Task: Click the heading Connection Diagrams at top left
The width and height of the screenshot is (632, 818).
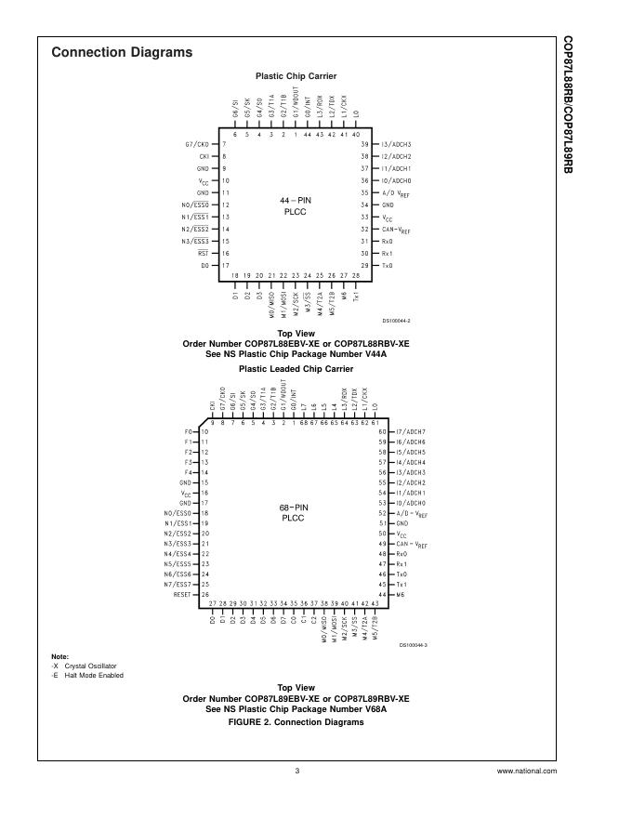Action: point(122,53)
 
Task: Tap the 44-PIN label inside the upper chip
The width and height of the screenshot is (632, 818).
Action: point(296,200)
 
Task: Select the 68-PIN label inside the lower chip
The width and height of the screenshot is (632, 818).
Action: point(293,507)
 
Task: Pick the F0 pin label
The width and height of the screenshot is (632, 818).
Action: point(189,432)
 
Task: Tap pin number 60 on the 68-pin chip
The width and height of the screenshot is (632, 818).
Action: point(381,432)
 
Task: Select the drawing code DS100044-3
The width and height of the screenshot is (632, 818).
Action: point(414,644)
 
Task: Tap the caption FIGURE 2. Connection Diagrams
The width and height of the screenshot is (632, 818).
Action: point(296,721)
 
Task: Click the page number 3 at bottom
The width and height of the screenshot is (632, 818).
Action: point(296,771)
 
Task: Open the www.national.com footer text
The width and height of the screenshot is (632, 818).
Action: point(527,771)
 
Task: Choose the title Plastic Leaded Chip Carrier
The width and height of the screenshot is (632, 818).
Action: point(296,369)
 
